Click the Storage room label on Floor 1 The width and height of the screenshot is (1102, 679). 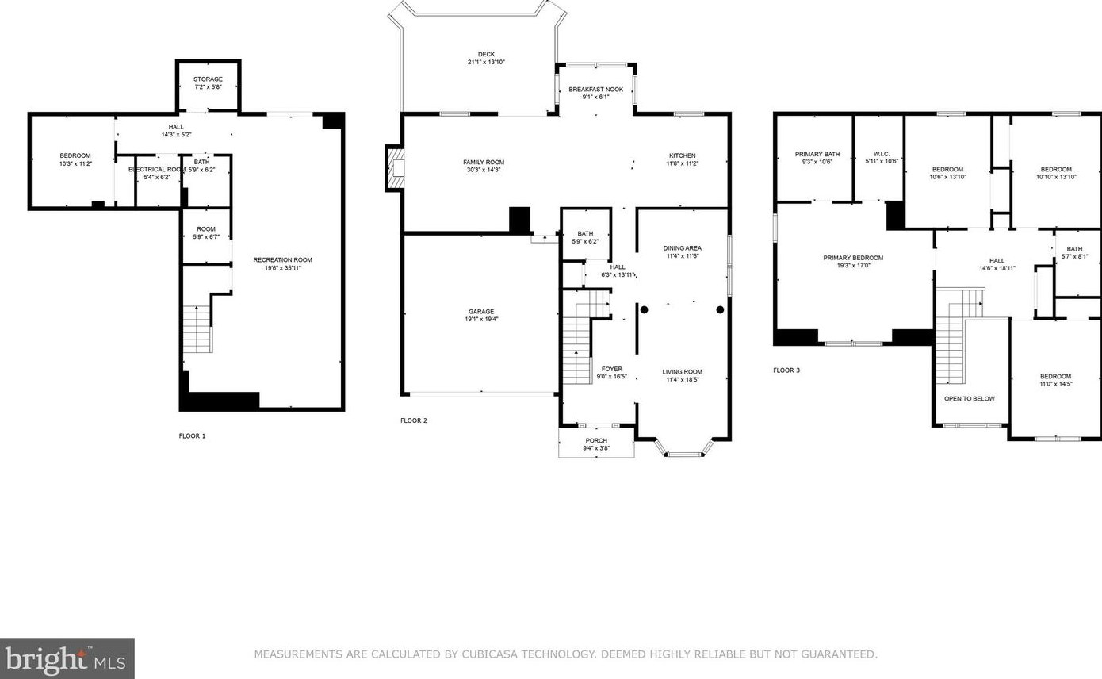point(208,79)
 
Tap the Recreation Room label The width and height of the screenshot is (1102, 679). point(282,260)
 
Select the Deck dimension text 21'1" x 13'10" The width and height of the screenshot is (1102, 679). point(486,62)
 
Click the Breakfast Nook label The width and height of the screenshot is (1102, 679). point(595,90)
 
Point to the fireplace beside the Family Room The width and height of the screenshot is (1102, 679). point(396,168)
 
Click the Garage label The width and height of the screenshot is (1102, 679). point(481,312)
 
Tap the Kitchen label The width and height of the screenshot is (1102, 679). point(683,155)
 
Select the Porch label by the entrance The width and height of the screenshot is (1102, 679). point(596,441)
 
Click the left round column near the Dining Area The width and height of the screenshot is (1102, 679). point(644,309)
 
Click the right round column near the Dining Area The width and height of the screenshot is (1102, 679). point(720,309)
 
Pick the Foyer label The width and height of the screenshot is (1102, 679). point(612,369)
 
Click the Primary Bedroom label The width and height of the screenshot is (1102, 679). point(853,258)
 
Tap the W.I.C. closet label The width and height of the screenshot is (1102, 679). point(882,154)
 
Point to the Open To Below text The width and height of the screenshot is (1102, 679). point(969,399)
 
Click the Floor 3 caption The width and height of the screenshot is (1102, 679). point(786,370)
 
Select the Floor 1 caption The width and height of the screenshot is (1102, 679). point(192,435)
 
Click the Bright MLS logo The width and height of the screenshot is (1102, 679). point(67,659)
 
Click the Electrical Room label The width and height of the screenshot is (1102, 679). point(157,170)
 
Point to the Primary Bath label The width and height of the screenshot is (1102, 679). point(817,155)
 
